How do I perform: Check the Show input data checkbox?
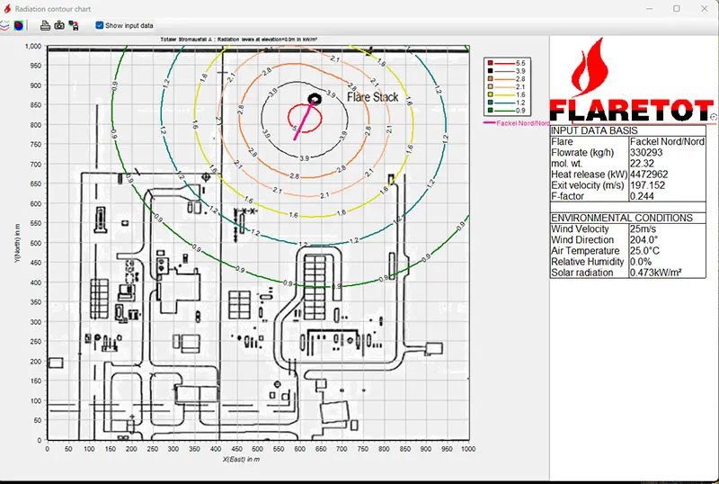100,25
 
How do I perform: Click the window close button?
703,8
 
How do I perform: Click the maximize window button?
676,8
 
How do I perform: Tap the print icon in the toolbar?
44,25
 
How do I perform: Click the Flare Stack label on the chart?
372,97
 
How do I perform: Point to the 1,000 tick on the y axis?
33,46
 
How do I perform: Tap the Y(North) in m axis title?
17,243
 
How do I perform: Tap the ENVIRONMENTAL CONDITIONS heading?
621,218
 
